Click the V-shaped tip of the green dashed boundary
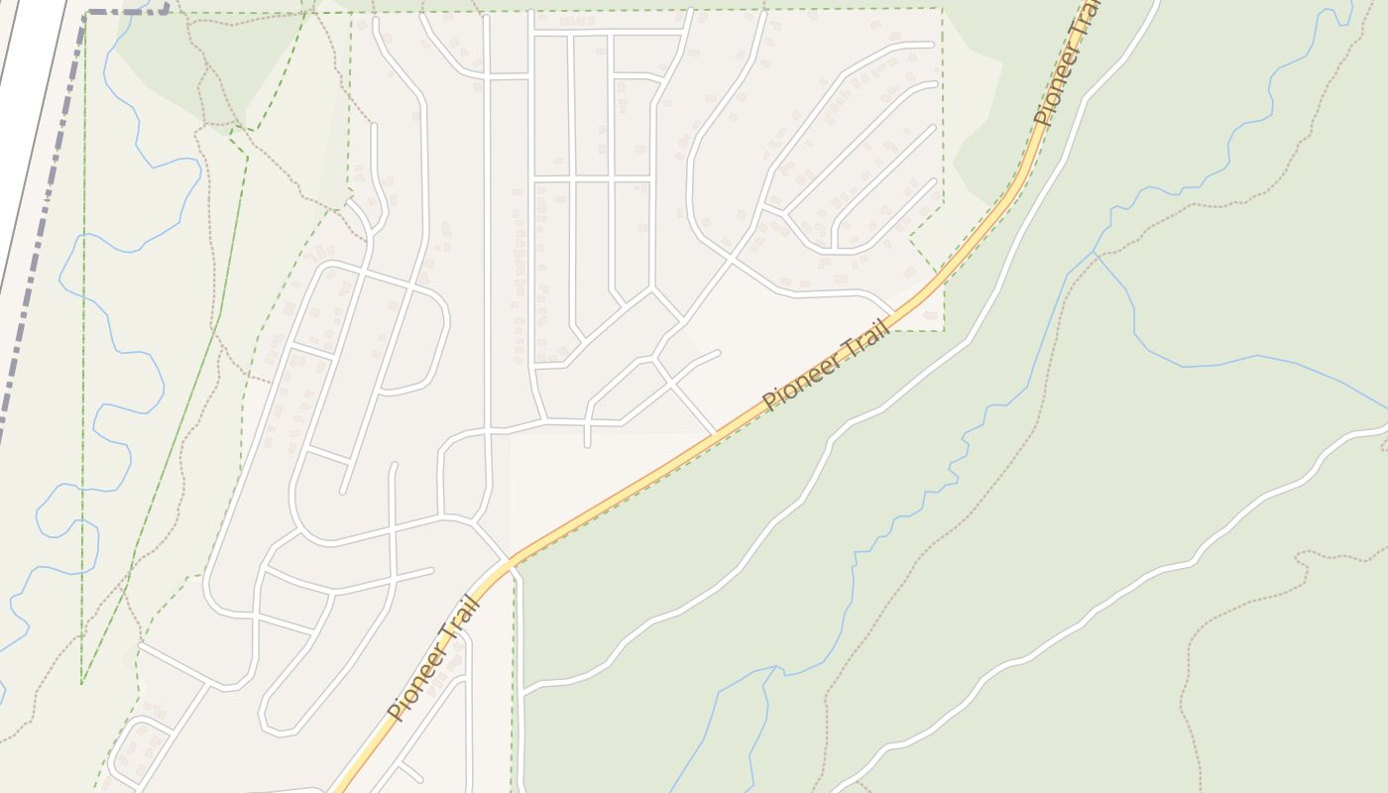[82, 683]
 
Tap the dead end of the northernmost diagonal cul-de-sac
[932, 45]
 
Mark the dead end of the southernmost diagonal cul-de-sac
[934, 180]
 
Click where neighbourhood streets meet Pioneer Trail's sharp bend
[510, 562]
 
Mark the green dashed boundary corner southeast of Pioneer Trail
[942, 329]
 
